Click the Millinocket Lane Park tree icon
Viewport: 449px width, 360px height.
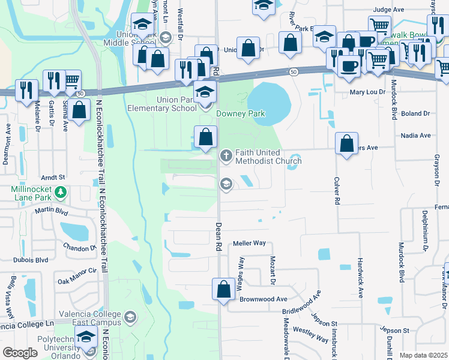[61, 192]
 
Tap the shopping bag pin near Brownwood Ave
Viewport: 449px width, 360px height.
[223, 289]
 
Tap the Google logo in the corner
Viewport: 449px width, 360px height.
[20, 353]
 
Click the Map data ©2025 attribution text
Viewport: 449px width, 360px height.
[423, 355]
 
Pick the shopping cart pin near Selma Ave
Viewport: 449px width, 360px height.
[71, 80]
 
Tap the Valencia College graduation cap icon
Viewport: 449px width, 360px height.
[130, 316]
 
